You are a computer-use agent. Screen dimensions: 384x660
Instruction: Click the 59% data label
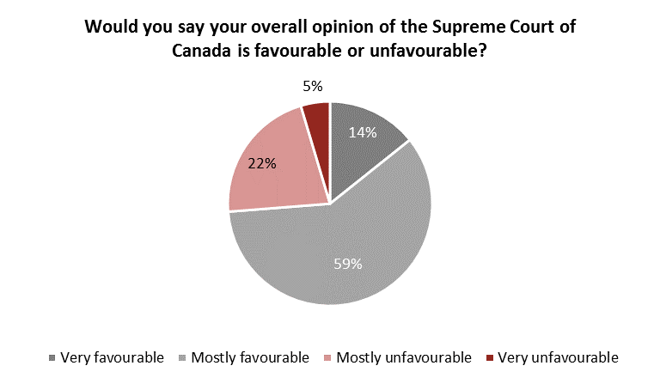click(x=348, y=264)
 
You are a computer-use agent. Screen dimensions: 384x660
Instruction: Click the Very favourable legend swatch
click(x=54, y=357)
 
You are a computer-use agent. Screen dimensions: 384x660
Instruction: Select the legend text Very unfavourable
click(x=559, y=357)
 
